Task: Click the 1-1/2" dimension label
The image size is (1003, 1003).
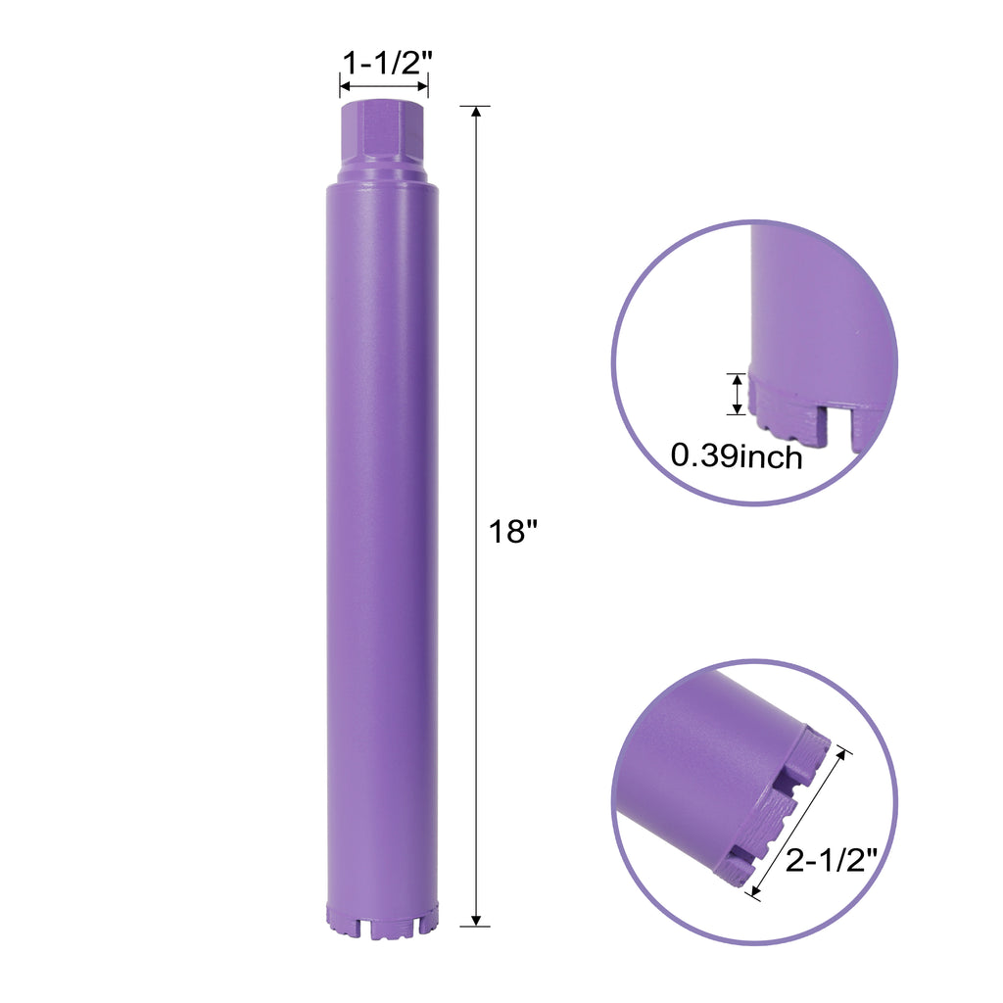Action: pos(388,64)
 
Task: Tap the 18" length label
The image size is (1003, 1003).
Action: pos(513,532)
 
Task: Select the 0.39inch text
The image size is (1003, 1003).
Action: pos(737,456)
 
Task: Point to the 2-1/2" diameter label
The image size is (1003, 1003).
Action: pos(831,860)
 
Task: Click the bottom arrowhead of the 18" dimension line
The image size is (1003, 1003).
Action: pos(475,920)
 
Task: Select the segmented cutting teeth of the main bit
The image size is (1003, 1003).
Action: pos(383,921)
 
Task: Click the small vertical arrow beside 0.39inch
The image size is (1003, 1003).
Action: pos(738,394)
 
